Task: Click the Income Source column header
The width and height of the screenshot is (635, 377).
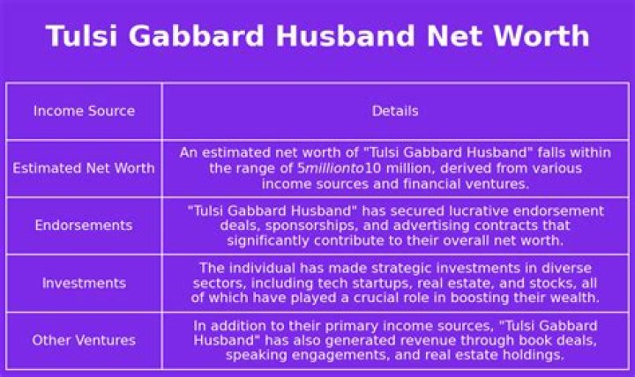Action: coord(84,111)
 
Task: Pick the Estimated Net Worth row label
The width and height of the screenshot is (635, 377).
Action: coord(84,168)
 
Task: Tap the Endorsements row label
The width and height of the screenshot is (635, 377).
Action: coord(84,225)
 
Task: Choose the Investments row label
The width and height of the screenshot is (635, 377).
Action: coord(84,283)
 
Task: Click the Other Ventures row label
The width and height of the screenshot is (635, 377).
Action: coord(84,340)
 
